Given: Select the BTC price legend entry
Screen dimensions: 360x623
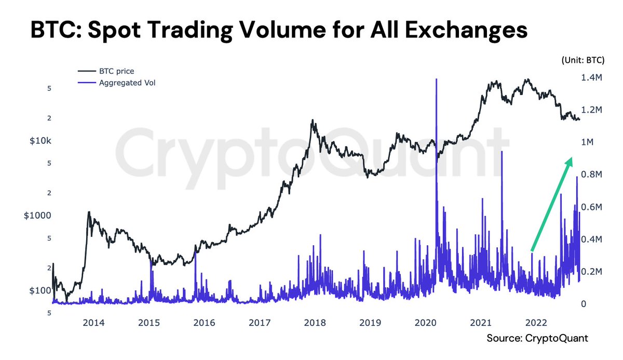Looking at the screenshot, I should [x=116, y=71].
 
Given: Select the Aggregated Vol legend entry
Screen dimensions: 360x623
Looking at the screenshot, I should [x=127, y=83].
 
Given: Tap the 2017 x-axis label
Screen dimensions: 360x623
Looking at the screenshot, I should [x=260, y=323].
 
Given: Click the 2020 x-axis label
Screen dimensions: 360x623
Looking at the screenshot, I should [x=426, y=323].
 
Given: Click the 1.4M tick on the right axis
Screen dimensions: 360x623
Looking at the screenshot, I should [x=591, y=77].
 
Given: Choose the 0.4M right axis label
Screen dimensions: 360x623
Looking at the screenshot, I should [x=591, y=239].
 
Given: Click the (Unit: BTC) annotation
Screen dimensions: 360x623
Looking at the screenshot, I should [x=582, y=60].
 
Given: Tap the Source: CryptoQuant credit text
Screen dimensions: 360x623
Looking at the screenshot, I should [x=537, y=339].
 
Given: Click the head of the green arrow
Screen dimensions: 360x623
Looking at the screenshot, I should [x=571, y=160].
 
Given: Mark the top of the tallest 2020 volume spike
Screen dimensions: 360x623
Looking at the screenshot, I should [x=436, y=79].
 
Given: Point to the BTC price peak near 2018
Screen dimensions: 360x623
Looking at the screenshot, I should [x=312, y=121].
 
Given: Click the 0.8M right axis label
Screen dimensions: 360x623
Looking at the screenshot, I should [x=591, y=175].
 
